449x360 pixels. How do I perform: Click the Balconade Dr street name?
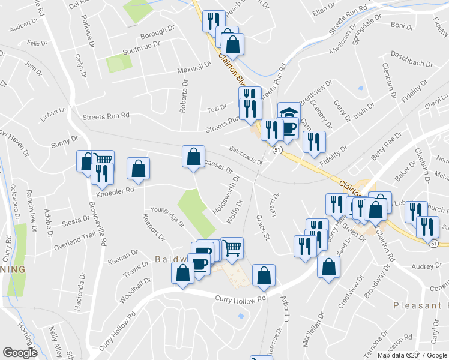[246, 155]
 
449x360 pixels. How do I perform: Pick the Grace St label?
[262, 226]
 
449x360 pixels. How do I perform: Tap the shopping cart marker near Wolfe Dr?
[232, 247]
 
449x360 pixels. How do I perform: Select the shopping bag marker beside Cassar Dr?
[193, 157]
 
